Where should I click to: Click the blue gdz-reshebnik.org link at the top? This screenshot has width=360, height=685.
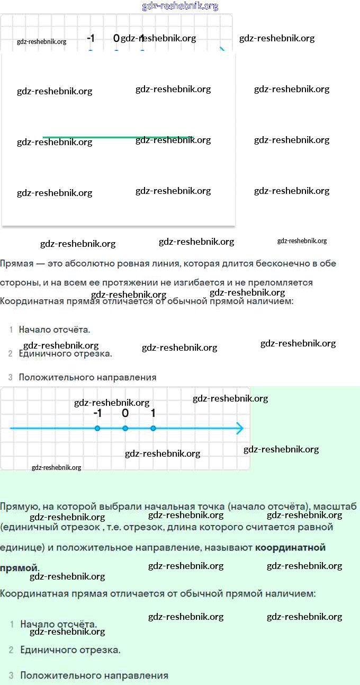pos(180,6)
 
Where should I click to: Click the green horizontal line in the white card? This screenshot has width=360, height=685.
pos(118,137)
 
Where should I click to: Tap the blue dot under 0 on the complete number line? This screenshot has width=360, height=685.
pos(125,428)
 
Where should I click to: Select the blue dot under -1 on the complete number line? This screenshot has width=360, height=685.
pos(97,428)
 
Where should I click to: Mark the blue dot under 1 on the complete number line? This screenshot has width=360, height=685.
pos(153,428)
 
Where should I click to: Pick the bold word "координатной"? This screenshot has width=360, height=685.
pos(290,547)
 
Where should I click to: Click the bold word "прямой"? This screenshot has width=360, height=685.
pos(19,568)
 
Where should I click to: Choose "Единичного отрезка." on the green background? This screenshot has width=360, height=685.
pos(70,650)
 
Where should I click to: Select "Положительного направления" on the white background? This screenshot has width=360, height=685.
pos(87,377)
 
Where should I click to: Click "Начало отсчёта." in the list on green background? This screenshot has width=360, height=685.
pos(58,624)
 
